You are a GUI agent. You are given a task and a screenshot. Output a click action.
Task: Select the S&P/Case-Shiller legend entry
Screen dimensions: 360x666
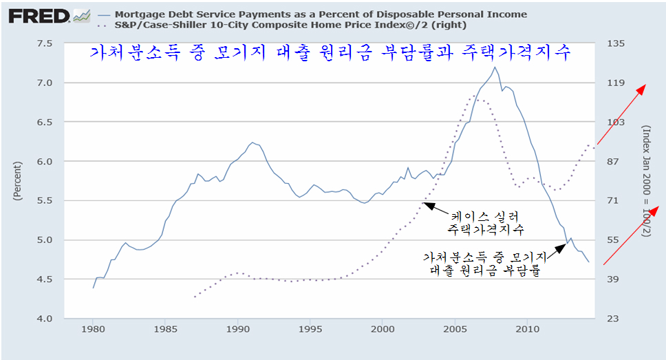pyautogui.click(x=289, y=25)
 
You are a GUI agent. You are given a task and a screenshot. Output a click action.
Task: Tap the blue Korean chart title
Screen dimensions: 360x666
pyautogui.click(x=330, y=53)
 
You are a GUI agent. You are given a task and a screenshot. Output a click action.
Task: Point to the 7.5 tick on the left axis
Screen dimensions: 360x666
pyautogui.click(x=45, y=43)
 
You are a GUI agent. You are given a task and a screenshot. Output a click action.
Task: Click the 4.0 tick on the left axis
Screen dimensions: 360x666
pyautogui.click(x=45, y=319)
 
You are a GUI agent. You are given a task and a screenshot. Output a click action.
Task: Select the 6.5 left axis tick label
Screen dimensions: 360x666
pyautogui.click(x=45, y=122)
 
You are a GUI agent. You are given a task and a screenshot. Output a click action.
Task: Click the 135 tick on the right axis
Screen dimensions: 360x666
pyautogui.click(x=614, y=43)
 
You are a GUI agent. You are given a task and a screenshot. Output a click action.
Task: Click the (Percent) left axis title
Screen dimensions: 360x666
pyautogui.click(x=17, y=181)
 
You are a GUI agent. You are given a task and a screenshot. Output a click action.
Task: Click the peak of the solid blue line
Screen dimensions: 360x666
pyautogui.click(x=494, y=67)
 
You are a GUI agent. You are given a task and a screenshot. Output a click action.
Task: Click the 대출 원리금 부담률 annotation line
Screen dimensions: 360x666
pyautogui.click(x=482, y=271)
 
